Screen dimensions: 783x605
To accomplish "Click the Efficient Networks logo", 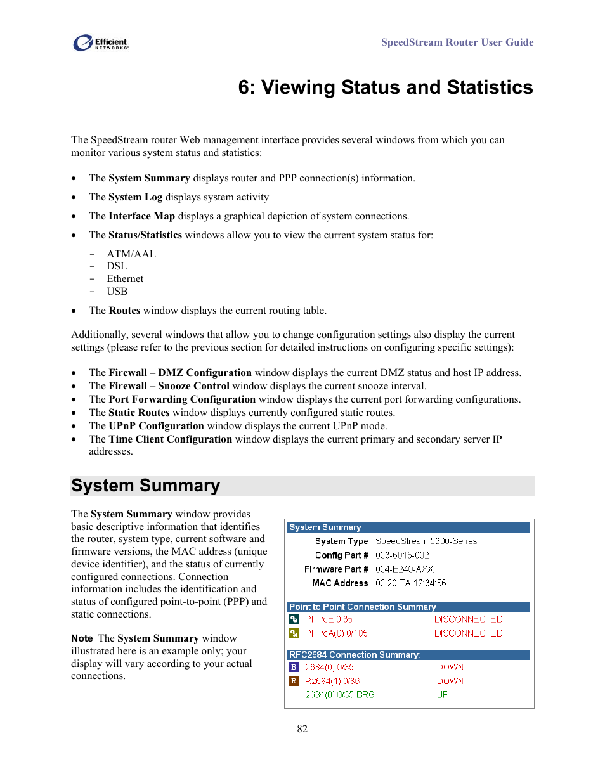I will point(100,43).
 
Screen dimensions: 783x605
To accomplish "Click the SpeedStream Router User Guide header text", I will point(457,42).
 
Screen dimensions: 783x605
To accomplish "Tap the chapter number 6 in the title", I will point(244,87).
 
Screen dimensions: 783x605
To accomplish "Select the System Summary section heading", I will point(146,486).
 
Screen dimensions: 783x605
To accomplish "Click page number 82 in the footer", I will point(302,729).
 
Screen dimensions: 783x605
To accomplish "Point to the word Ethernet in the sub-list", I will point(125,279).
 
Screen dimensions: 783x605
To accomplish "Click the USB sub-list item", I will point(117,292).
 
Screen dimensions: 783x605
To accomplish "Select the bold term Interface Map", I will point(141,216).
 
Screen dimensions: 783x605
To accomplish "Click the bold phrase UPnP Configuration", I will point(156,426).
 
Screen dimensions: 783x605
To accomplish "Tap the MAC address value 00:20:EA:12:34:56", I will point(410,583).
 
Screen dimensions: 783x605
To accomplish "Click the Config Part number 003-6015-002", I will point(402,555).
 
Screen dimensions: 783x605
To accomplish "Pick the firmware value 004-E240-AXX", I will point(404,569).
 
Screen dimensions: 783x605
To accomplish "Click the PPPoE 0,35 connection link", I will point(329,619).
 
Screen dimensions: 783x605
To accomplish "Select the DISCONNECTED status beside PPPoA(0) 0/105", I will point(468,633).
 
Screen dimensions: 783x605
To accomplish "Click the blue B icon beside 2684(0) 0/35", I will point(294,667).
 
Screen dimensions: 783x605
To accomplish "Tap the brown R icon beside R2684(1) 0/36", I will point(294,681).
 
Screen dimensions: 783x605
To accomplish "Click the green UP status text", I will point(442,695).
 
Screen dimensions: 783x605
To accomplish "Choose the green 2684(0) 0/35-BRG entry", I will point(339,695).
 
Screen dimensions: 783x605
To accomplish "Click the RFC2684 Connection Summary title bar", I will point(408,655).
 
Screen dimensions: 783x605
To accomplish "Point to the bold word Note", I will point(82,638).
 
